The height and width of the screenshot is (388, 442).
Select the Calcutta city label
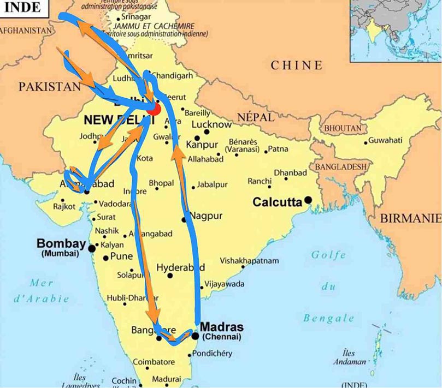click(277, 202)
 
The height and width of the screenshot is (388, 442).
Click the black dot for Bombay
click(92, 249)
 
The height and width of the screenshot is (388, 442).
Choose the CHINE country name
click(297, 65)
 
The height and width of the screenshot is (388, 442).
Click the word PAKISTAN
click(49, 87)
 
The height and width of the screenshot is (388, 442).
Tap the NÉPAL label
click(255, 117)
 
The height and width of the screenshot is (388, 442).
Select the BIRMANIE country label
click(410, 218)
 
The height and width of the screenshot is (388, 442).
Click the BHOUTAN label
click(343, 128)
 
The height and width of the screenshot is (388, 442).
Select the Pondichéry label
click(213, 354)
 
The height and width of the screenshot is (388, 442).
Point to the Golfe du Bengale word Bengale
click(329, 318)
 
